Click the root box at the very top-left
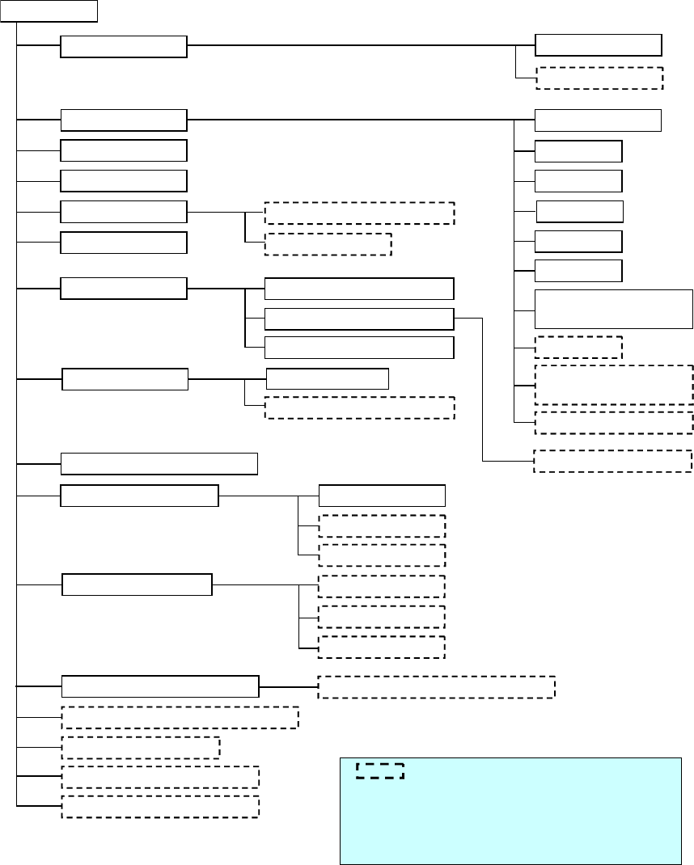pos(49,11)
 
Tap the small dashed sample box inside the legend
pos(379,770)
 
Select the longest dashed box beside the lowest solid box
pos(436,686)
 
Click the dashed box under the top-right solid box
pos(599,78)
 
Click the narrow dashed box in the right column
pos(578,347)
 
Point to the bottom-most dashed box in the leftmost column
pos(160,806)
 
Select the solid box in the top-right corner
pos(599,45)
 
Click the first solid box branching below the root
pos(124,47)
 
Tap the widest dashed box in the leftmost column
pos(180,717)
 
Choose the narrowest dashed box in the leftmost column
pos(140,747)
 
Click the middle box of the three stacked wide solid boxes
pos(359,319)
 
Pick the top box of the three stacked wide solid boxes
pos(359,289)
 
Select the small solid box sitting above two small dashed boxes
pos(382,495)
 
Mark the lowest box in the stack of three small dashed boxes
pos(382,647)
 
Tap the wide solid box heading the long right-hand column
pos(599,120)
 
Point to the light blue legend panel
pos(510,816)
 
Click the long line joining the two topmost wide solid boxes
pos(361,45)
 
